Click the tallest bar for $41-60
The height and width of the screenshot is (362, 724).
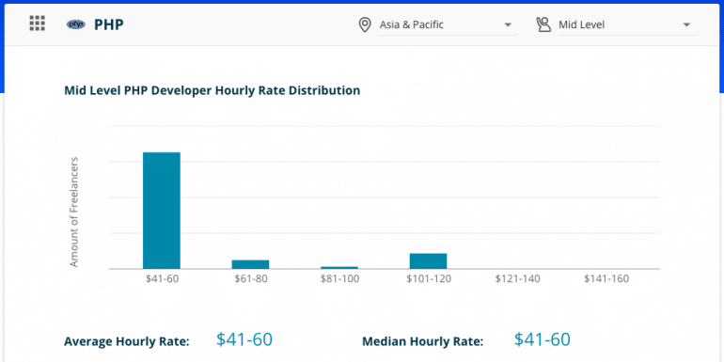click(161, 211)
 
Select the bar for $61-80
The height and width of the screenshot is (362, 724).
click(250, 264)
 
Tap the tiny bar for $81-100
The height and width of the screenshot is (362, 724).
click(339, 267)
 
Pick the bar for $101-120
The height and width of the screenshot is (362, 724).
click(428, 260)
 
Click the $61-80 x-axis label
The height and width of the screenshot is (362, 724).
click(250, 279)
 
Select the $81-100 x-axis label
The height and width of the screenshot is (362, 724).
click(339, 279)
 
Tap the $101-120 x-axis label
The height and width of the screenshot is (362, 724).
click(428, 279)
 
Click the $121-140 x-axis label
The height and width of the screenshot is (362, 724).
click(517, 279)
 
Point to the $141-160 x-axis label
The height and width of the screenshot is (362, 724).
click(606, 279)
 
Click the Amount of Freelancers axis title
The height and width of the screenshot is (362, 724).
click(74, 212)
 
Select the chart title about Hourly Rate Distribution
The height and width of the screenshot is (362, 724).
click(212, 91)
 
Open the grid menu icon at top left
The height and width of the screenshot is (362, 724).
click(38, 24)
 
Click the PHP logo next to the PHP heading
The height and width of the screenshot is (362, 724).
click(76, 24)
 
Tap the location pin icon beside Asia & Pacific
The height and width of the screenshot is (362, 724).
click(365, 24)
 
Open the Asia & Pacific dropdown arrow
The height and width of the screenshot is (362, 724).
click(508, 24)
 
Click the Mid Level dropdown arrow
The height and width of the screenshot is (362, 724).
click(686, 24)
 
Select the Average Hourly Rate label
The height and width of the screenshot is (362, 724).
click(127, 341)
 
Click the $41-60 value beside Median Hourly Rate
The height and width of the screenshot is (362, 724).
click(542, 339)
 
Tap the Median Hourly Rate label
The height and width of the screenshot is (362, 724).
click(422, 341)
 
